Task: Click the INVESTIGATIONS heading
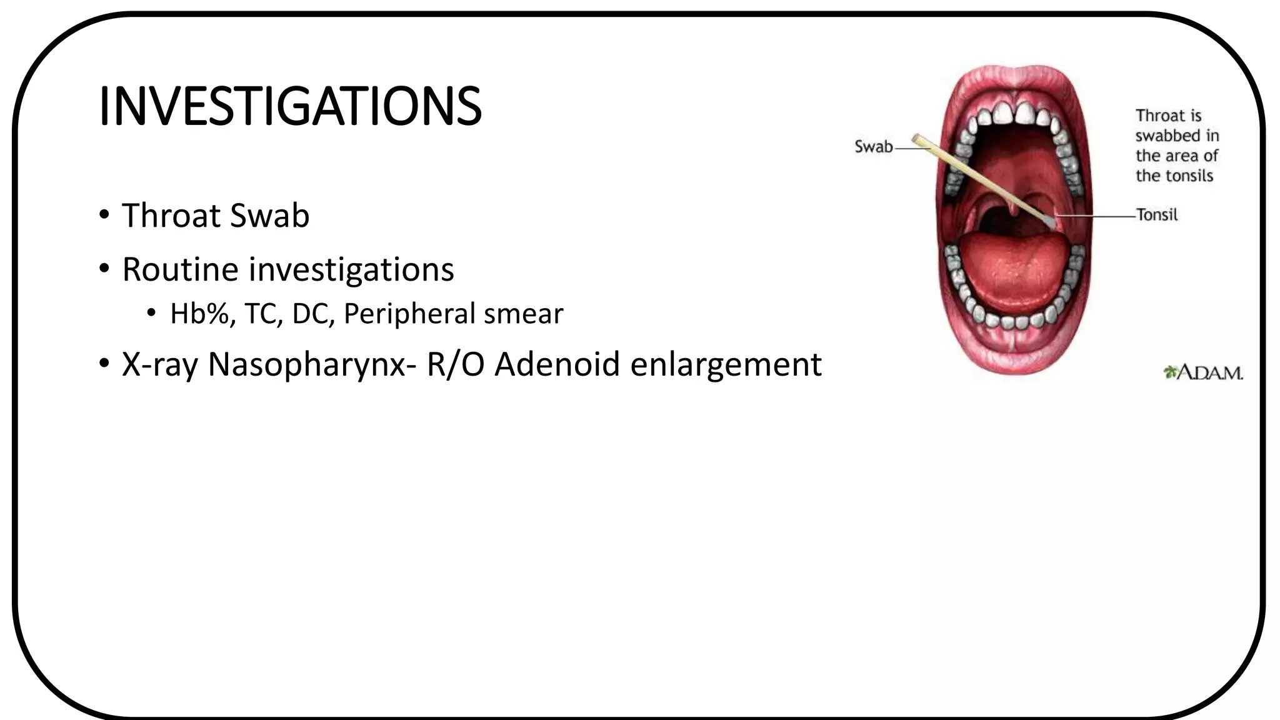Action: [290, 106]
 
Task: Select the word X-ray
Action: [159, 364]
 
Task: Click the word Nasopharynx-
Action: [312, 364]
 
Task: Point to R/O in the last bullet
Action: [455, 364]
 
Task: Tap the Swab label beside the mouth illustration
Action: [873, 147]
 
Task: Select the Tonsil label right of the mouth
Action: [1157, 215]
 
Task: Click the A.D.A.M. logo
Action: [1203, 373]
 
